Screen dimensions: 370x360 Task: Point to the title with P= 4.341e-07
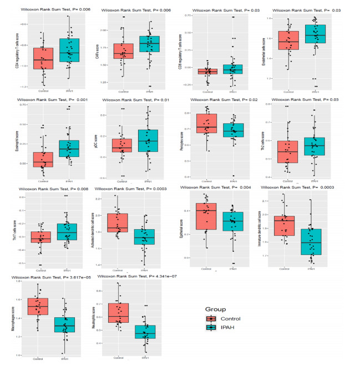pos(134,276)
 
